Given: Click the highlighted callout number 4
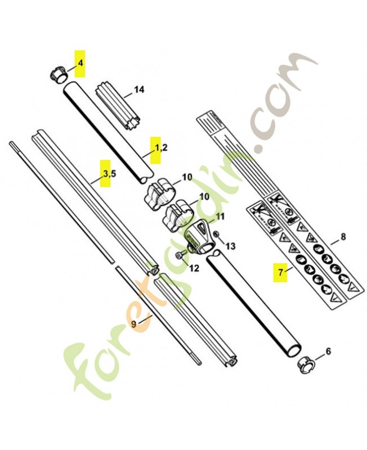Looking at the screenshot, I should (80, 62).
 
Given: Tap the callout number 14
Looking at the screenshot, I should (139, 89).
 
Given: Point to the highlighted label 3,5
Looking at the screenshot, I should (108, 173).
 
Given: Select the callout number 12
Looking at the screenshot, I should (194, 268).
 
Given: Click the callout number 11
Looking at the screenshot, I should (220, 216).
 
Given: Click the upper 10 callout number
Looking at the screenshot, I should (187, 177).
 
